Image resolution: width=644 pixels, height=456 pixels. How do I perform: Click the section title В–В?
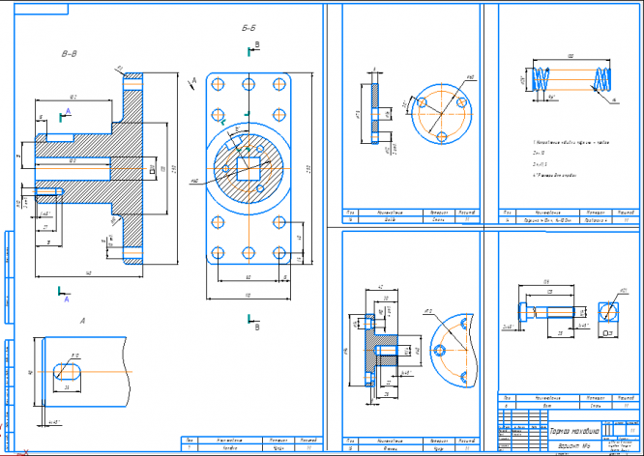click(x=69, y=54)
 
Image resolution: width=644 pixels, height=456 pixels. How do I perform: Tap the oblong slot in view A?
click(x=67, y=369)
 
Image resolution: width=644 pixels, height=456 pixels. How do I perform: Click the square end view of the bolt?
click(x=609, y=311)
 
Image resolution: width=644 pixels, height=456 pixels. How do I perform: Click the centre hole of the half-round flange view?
click(x=443, y=351)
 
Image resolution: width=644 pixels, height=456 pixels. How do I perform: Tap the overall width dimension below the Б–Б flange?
click(x=249, y=294)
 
